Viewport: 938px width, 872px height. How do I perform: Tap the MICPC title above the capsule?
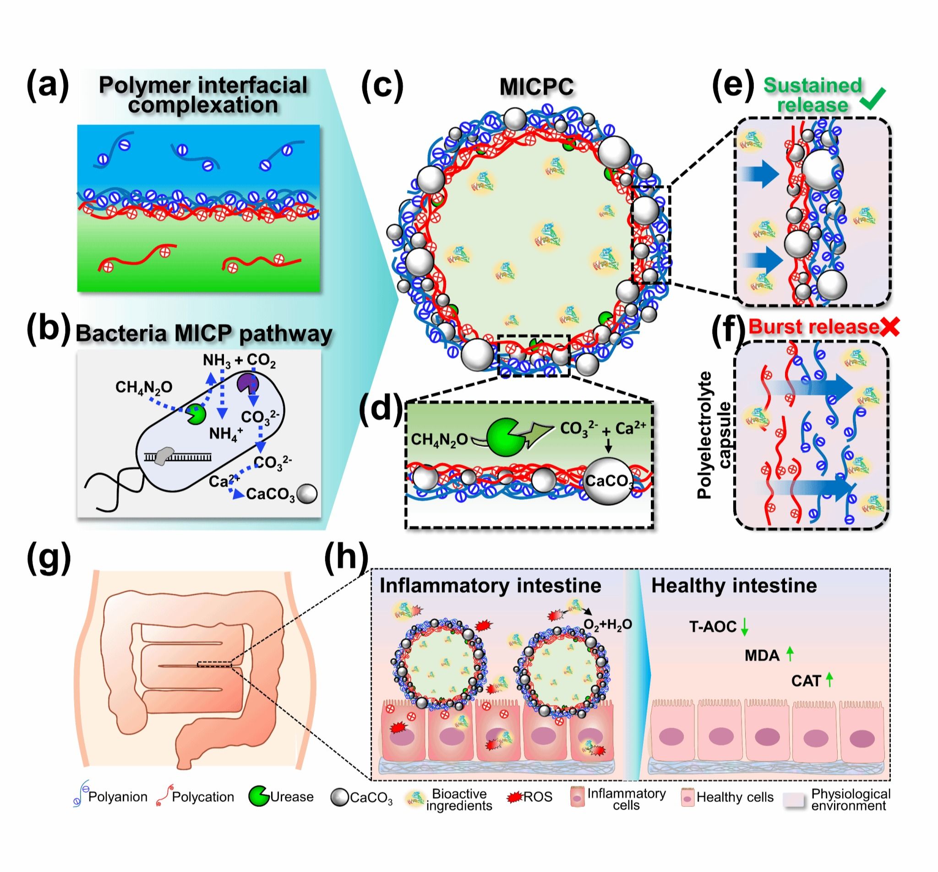click(x=536, y=87)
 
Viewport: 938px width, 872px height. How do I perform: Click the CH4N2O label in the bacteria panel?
click(x=144, y=387)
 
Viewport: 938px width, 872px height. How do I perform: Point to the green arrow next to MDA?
click(x=790, y=654)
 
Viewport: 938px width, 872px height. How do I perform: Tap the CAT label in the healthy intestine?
click(x=806, y=681)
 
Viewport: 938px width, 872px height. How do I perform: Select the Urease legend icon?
click(x=258, y=796)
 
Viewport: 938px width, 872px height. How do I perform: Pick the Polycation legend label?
click(x=203, y=797)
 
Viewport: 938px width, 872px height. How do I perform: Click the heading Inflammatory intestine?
click(x=490, y=586)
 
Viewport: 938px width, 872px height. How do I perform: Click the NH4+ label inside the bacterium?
click(x=226, y=432)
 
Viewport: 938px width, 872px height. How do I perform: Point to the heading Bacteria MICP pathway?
click(x=204, y=333)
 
